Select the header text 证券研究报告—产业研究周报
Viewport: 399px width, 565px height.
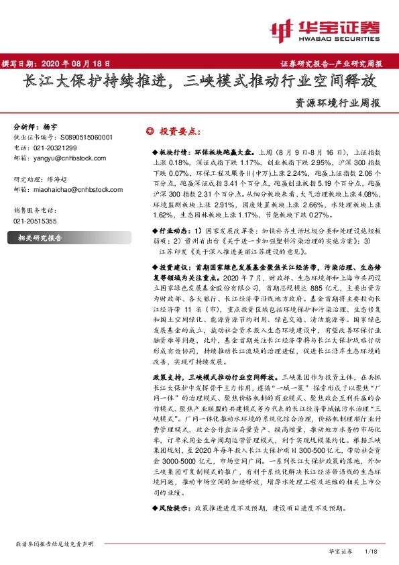point(329,64)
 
